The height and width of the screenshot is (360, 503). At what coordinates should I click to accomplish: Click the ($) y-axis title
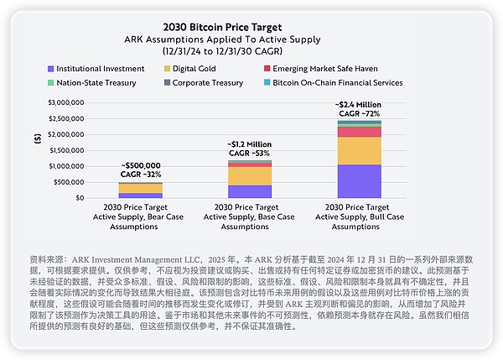point(37,143)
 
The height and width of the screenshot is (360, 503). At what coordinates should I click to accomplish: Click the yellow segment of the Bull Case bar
point(359,150)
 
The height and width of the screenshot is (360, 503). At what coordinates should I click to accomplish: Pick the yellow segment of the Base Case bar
point(250,175)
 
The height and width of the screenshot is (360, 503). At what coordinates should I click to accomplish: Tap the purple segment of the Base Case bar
point(250,191)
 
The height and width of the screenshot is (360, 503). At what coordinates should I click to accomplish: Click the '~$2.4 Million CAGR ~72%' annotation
point(359,107)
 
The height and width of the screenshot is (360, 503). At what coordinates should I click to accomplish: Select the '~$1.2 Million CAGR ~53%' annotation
point(250,149)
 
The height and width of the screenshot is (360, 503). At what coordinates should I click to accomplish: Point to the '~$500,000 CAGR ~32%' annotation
point(141,170)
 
